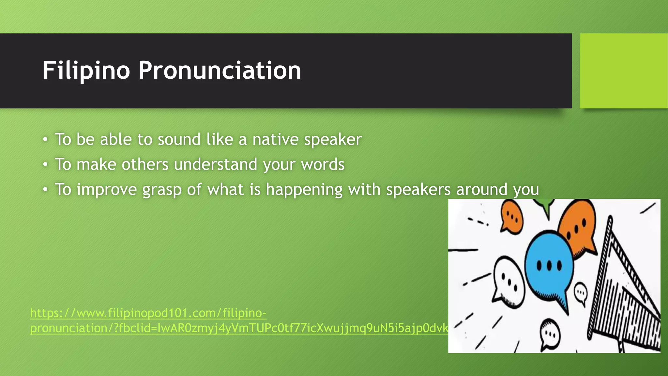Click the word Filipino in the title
point(86,70)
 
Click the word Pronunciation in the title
point(220,70)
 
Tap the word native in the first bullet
point(275,139)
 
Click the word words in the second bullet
point(323,164)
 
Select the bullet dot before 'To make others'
point(45,164)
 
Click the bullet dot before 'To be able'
point(45,140)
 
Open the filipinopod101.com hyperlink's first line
point(148,313)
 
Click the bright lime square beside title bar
point(623,71)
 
